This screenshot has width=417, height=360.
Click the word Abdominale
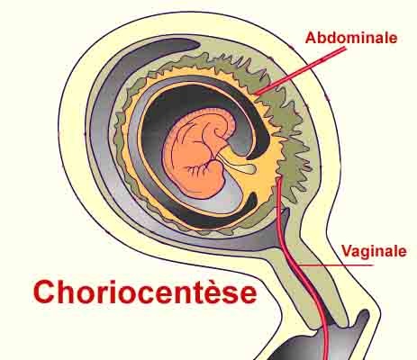(351, 38)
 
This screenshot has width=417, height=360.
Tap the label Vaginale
(375, 251)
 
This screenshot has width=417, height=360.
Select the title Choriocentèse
(145, 292)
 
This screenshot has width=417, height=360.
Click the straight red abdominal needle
(300, 71)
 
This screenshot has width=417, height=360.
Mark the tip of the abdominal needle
(256, 94)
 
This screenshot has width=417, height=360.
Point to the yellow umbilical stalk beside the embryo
(238, 164)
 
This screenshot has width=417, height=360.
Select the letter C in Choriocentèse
(44, 292)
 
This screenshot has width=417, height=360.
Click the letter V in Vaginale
(349, 251)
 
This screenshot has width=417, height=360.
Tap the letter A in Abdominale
(312, 38)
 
